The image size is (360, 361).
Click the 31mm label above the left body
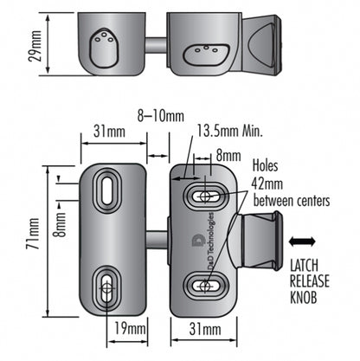pyautogui.click(x=107, y=134)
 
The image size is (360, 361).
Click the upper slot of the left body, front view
pyautogui.click(x=110, y=188)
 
